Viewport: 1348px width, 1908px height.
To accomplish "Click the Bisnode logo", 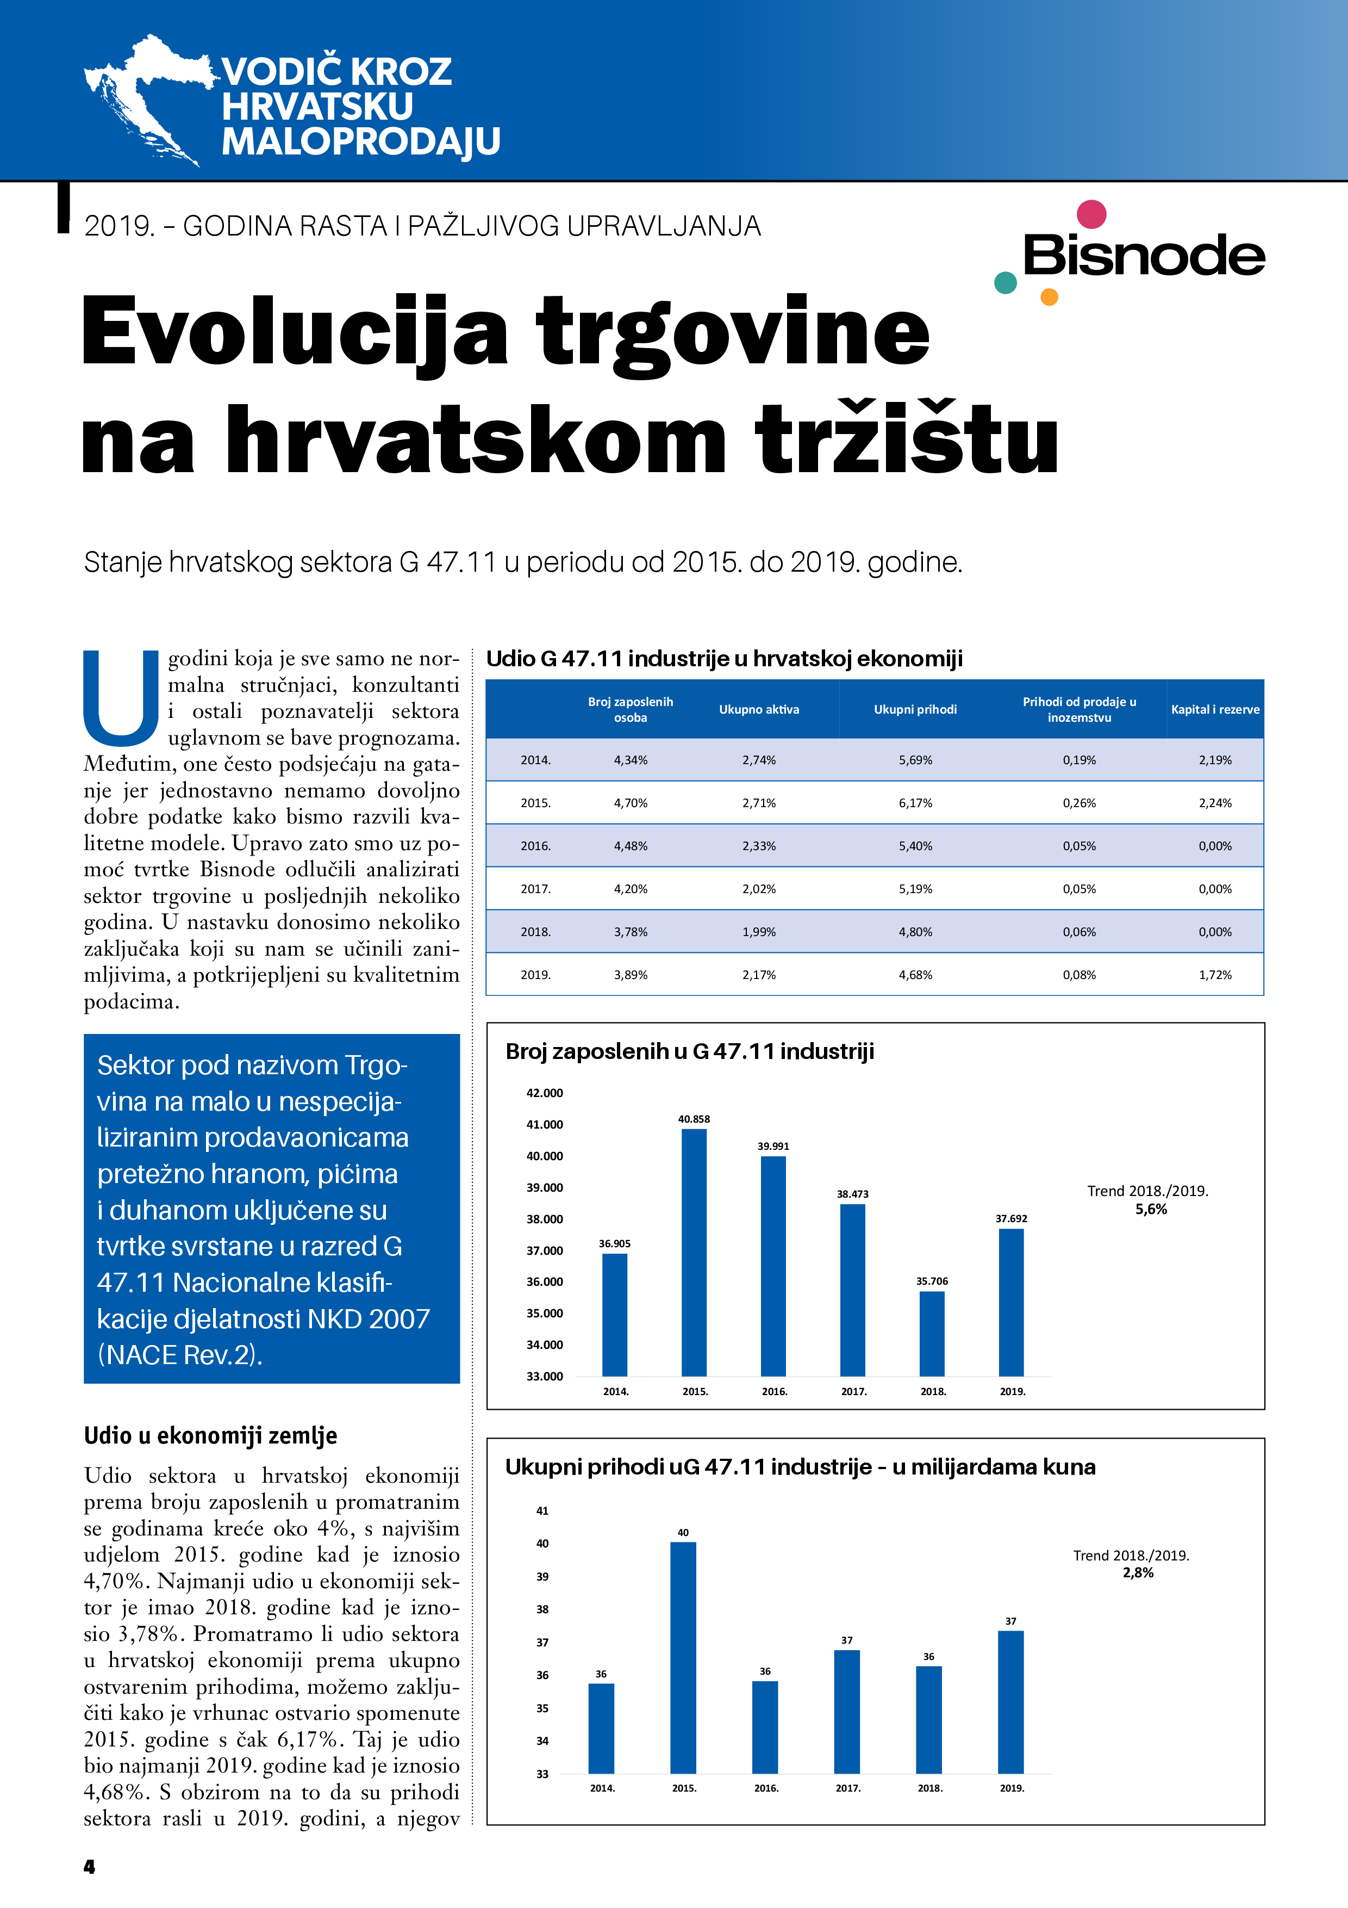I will click(x=1143, y=255).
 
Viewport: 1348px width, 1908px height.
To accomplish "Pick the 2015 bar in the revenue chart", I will click(x=683, y=1657).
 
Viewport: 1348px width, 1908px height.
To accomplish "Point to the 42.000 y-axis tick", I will click(x=544, y=1093).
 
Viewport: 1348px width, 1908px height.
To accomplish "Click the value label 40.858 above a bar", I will click(x=694, y=1119).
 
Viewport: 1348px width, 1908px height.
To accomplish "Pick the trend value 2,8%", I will click(x=1137, y=1572).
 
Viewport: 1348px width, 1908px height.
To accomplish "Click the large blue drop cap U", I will click(x=121, y=698).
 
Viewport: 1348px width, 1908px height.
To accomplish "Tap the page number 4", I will click(x=90, y=1867).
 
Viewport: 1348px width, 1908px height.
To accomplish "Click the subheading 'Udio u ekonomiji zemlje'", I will click(x=210, y=1435).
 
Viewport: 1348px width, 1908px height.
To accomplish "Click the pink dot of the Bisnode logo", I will click(x=1090, y=214).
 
